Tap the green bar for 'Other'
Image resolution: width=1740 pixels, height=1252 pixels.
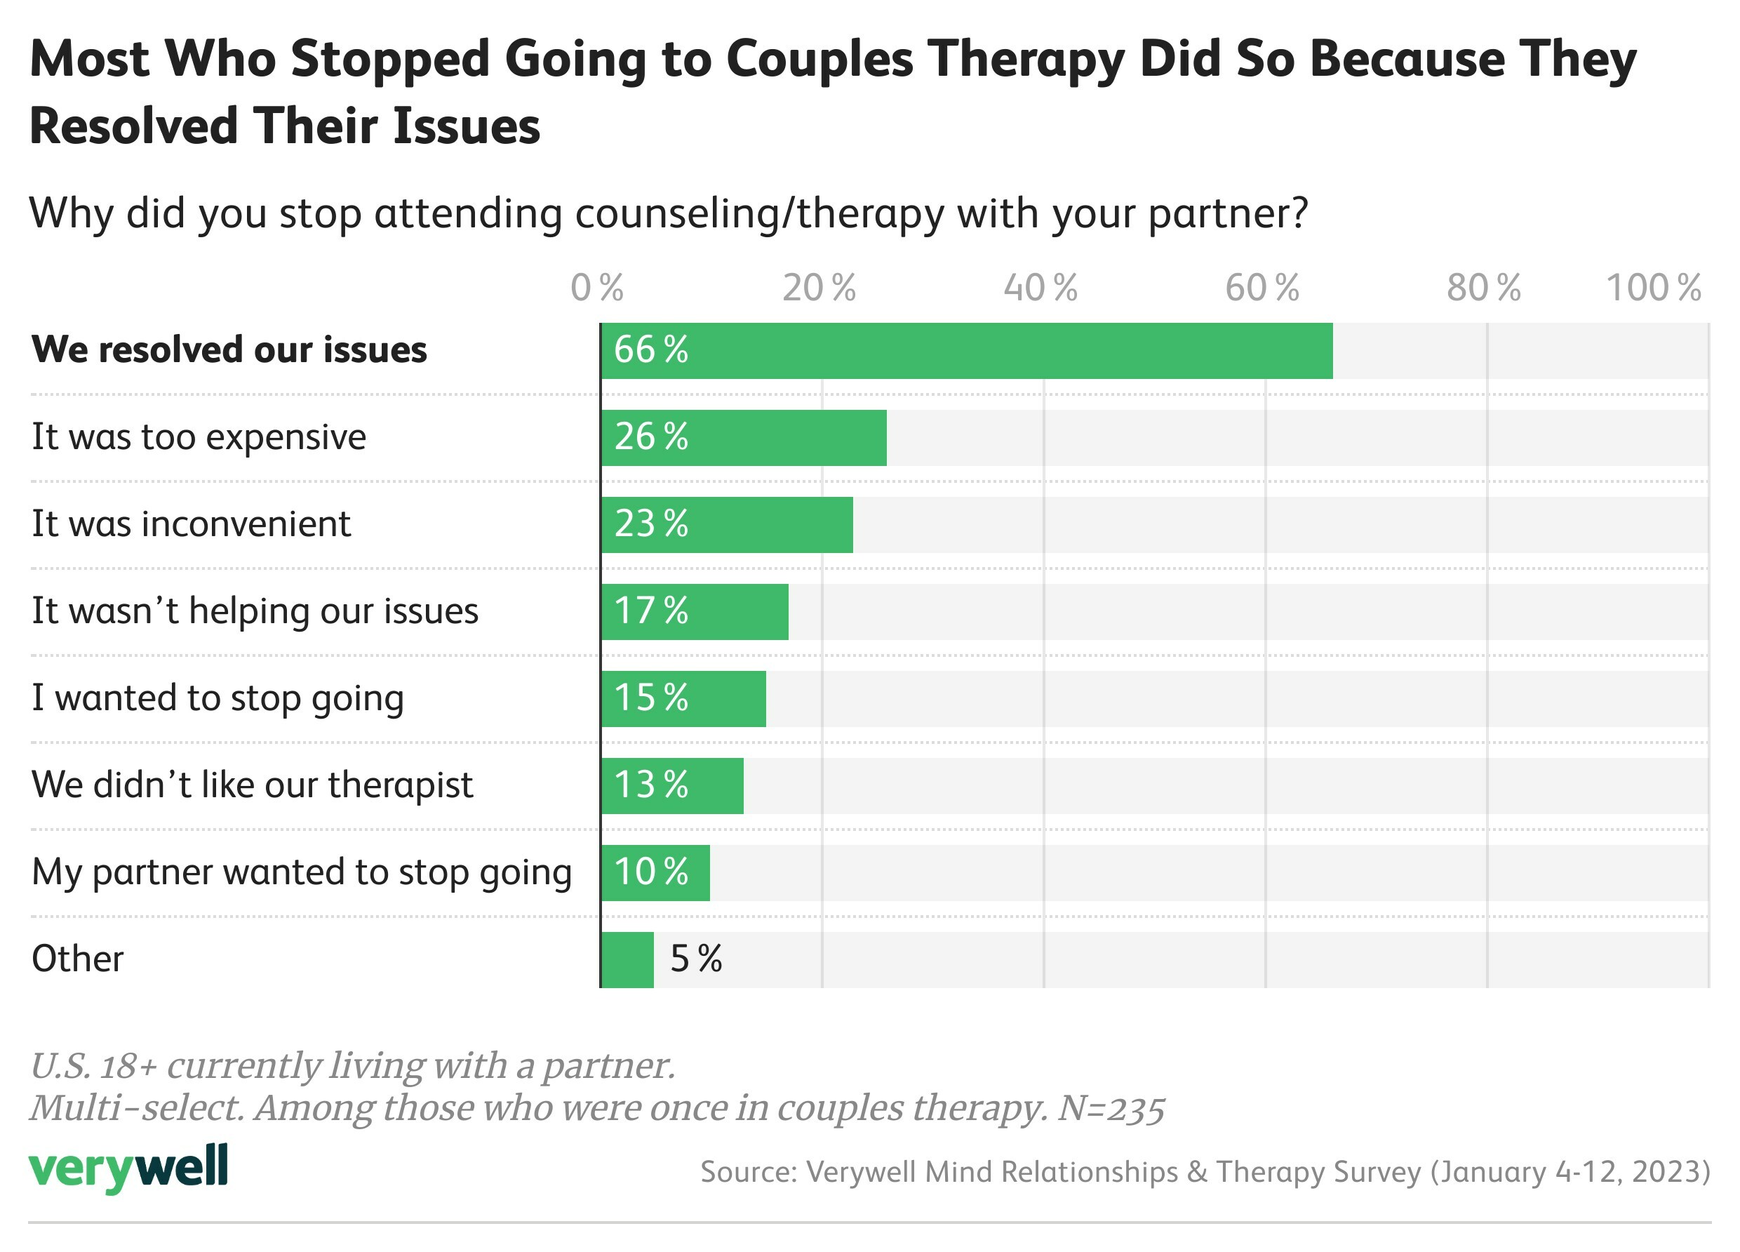[x=627, y=959]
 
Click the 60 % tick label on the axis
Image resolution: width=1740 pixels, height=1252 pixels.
[x=1262, y=288]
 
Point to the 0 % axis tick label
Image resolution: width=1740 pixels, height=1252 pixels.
[x=597, y=288]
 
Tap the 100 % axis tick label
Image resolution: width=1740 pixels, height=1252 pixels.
[x=1653, y=288]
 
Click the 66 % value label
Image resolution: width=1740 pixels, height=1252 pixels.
[x=650, y=350]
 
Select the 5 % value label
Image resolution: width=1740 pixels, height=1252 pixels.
[x=696, y=959]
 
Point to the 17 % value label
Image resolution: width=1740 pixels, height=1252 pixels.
[x=650, y=611]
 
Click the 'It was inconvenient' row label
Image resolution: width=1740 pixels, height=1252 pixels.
[x=191, y=524]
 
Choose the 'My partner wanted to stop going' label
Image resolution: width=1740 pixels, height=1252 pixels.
[x=302, y=873]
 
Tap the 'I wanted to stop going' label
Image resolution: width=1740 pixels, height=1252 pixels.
[x=218, y=698]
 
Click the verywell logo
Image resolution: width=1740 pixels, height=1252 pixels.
[x=128, y=1168]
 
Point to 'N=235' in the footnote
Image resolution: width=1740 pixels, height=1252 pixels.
[x=1111, y=1107]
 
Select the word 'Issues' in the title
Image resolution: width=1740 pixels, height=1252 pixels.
[x=467, y=126]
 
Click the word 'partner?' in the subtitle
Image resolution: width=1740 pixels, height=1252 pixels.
[x=1229, y=213]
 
